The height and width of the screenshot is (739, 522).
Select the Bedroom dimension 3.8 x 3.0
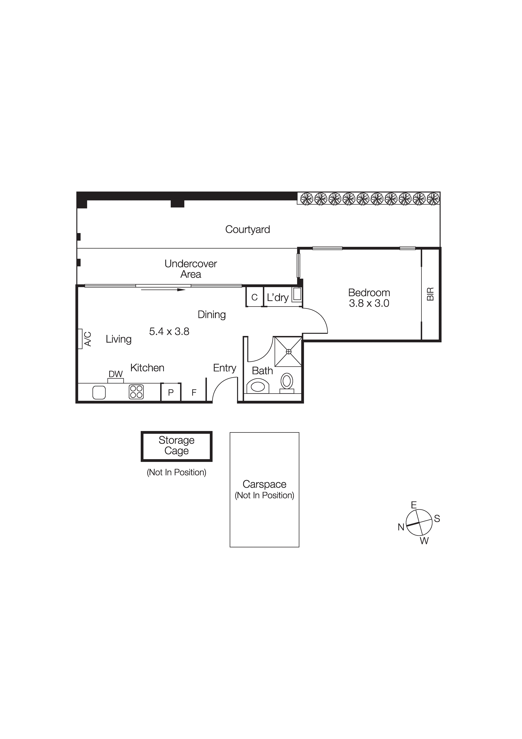pos(369,303)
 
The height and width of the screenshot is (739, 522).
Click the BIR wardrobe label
pos(430,294)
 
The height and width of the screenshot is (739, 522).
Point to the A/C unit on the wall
pos(80,339)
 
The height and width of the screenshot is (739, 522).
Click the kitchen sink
pos(99,392)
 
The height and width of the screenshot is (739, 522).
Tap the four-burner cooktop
pos(136,392)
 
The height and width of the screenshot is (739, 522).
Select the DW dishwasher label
pos(115,374)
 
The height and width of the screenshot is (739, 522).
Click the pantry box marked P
pos(171,392)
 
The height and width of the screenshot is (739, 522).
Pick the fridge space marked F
pos(194,393)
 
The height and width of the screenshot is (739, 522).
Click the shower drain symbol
pos(288,352)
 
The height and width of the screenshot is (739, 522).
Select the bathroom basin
pos(258,386)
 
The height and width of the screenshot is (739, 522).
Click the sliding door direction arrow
pos(163,290)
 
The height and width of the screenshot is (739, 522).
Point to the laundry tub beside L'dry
pos(297,295)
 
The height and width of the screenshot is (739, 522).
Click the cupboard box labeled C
pos(254,297)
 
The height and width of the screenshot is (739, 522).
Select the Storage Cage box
pos(176,446)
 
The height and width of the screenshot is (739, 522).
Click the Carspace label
pos(264,484)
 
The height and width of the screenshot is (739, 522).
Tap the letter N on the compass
pos(401,527)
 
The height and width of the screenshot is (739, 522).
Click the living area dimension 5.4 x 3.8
pos(169,331)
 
